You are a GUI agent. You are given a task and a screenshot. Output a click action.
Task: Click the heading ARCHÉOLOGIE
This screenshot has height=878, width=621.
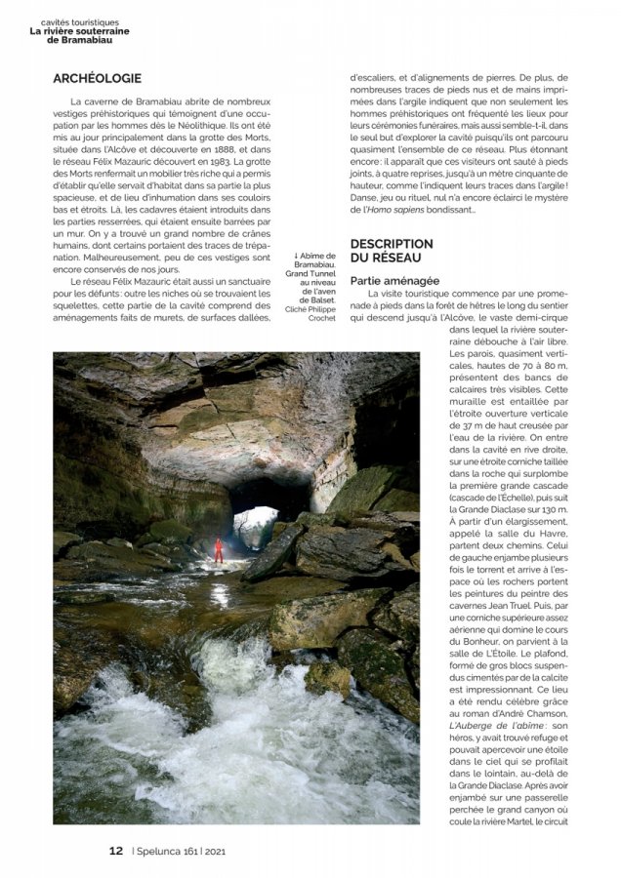coord(97,79)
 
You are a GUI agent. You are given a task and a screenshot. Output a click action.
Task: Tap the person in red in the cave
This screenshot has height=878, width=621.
coord(219,550)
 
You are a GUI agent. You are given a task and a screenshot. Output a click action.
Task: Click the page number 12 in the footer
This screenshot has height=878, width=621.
coord(115,850)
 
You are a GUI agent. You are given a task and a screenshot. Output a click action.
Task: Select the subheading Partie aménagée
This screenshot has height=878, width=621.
coord(394,281)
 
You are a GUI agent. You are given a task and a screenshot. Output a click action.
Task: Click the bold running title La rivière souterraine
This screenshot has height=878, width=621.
coord(79,31)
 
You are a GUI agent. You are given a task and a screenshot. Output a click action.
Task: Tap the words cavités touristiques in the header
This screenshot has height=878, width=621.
coord(80,20)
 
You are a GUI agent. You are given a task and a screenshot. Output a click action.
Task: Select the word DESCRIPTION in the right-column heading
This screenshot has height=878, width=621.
coord(392,244)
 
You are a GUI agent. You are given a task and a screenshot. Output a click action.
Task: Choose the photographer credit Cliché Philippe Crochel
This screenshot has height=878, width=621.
coord(310,313)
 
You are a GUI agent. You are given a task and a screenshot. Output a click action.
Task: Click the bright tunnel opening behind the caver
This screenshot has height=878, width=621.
coord(254,527)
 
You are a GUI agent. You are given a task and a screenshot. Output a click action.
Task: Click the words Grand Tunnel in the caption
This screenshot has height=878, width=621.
coord(310,274)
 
